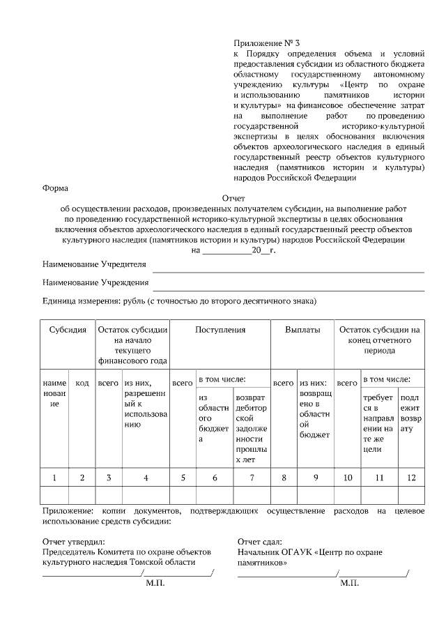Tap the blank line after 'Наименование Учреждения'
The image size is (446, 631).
[288, 286]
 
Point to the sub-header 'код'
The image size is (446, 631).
[82, 383]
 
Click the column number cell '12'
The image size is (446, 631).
[410, 478]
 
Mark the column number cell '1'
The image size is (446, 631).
[54, 478]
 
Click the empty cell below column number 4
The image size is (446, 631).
[146, 495]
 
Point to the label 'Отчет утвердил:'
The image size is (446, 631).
[73, 541]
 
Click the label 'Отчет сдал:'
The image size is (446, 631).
[259, 541]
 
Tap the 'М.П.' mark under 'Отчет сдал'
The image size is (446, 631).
[349, 584]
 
